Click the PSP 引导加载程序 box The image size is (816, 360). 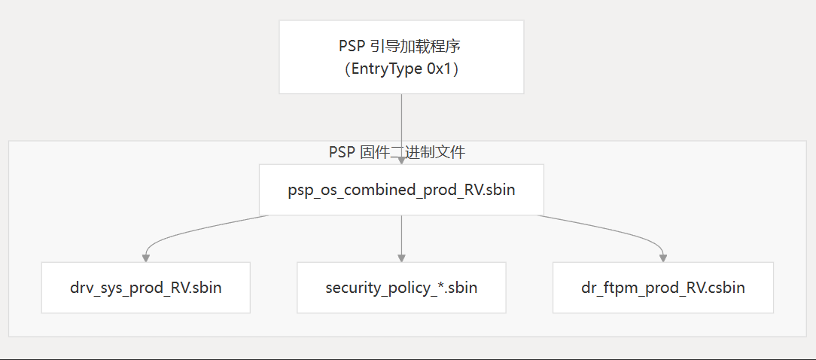(x=401, y=57)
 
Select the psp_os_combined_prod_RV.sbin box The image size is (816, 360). (x=401, y=190)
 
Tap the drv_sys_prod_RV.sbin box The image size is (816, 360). (x=145, y=288)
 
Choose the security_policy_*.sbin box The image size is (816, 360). (x=401, y=288)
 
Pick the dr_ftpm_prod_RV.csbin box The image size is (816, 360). (x=662, y=288)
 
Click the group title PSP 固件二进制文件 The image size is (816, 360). (x=397, y=153)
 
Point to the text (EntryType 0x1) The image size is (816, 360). (x=400, y=69)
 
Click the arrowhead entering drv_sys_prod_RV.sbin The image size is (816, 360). (x=145, y=258)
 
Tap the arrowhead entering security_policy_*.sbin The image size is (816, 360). (x=401, y=258)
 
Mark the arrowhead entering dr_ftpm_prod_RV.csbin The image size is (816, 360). (x=662, y=258)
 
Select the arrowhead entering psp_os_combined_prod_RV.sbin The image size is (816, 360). (x=401, y=160)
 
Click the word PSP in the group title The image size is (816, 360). (x=341, y=153)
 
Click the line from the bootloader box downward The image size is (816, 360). (x=401, y=121)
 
